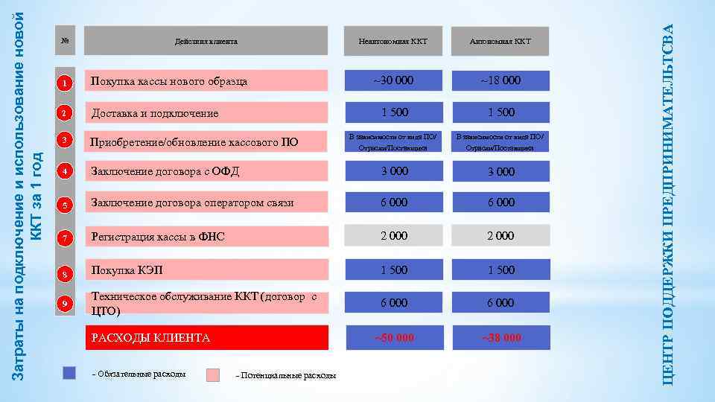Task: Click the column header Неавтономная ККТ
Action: click(393, 41)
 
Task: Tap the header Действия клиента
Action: click(206, 41)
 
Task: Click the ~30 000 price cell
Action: click(393, 80)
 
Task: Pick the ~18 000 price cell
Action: click(500, 80)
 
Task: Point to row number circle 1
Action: click(65, 83)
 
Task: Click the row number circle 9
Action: click(65, 303)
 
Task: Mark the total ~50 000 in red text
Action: click(393, 338)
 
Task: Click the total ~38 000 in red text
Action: click(500, 338)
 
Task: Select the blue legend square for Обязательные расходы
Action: click(70, 373)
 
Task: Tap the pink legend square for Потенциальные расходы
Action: click(212, 374)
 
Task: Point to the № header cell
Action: click(65, 41)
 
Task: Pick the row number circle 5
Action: click(65, 205)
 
